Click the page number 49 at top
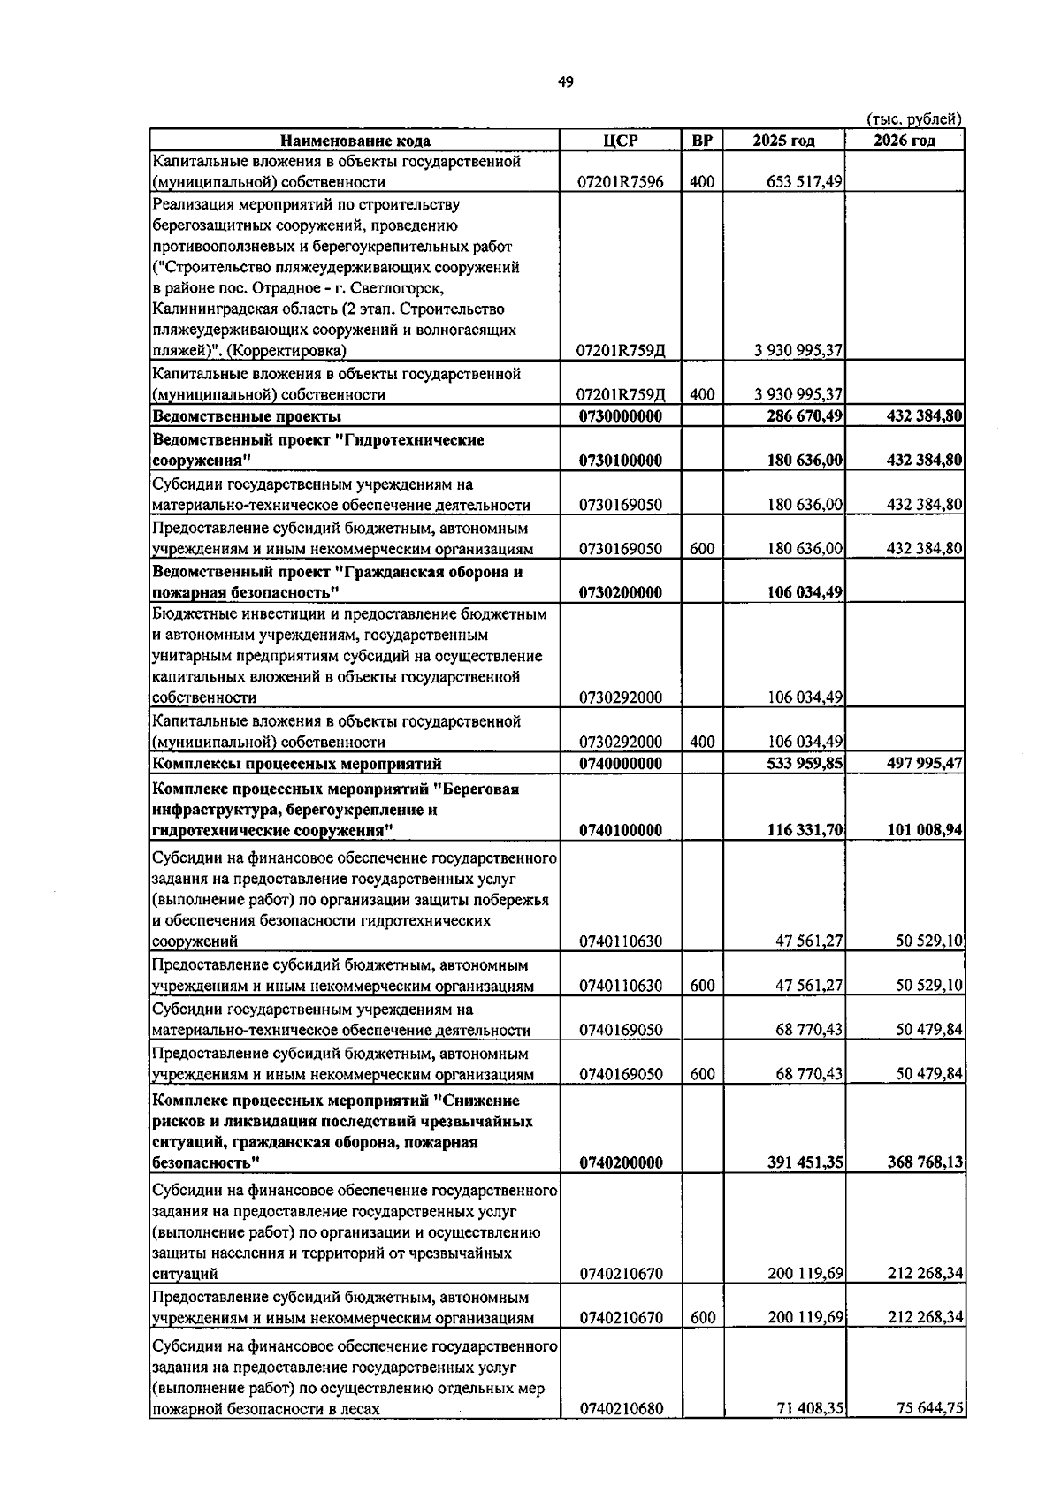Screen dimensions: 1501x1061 [x=565, y=82]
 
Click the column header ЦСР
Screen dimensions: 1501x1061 [x=620, y=141]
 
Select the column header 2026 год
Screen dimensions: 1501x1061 [x=904, y=141]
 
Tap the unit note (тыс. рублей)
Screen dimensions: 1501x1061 [x=913, y=119]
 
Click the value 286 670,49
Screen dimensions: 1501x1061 [x=805, y=416]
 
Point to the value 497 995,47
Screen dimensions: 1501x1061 [x=924, y=764]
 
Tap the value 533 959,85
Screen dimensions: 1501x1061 [x=805, y=764]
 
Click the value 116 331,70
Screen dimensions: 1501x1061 [x=805, y=830]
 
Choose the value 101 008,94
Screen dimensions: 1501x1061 [x=924, y=830]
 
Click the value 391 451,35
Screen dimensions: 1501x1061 [x=805, y=1162]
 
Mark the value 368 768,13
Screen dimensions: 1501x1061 [x=924, y=1162]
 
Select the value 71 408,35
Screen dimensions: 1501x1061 [x=809, y=1409]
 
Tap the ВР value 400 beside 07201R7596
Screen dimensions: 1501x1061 [x=702, y=182]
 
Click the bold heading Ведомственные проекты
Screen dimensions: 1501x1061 [x=247, y=416]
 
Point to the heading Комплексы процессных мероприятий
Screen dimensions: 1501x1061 [x=297, y=764]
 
